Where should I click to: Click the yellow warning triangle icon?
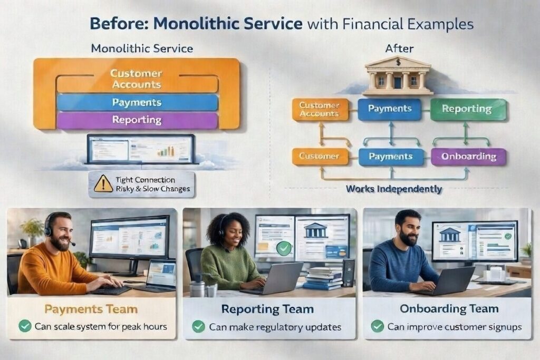103,184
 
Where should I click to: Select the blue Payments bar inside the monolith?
137,102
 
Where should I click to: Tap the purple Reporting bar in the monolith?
137,120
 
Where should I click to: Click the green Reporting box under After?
468,110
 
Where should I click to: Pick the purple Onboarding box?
468,157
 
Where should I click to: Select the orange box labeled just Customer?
320,156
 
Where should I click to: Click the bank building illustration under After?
398,76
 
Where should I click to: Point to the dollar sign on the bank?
399,62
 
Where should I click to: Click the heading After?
399,48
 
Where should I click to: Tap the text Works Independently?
393,189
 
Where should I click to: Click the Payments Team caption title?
91,309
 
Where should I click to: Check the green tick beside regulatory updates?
198,326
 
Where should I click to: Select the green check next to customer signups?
377,326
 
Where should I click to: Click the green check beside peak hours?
25,326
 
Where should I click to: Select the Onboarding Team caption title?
449,308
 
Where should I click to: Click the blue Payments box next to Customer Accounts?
390,109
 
